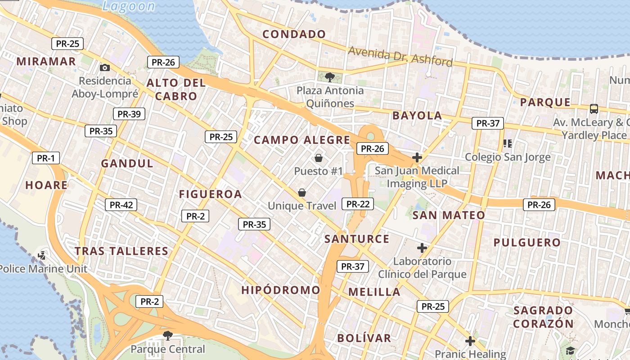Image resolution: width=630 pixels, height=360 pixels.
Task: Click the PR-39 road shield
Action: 129,114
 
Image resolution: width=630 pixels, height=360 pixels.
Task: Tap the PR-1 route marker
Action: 45,158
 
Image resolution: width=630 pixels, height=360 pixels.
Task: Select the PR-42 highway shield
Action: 121,205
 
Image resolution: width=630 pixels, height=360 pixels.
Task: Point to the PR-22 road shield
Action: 358,204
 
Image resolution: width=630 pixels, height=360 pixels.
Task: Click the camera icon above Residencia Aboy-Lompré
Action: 105,68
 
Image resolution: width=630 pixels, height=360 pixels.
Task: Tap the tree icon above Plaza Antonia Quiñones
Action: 330,77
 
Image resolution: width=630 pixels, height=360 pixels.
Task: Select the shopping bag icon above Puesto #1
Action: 319,158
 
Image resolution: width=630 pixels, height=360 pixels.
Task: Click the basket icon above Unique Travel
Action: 302,193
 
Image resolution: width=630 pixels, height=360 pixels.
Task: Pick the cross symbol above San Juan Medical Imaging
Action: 417,157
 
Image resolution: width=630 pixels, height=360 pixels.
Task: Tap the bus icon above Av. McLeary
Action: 594,108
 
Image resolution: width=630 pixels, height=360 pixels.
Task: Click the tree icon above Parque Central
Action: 168,335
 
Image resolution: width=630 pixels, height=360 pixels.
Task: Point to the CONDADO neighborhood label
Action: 294,34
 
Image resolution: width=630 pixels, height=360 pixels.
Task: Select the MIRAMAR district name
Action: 46,62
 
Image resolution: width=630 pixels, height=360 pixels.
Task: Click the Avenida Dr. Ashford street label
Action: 400,56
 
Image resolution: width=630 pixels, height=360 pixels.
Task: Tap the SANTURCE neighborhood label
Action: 357,239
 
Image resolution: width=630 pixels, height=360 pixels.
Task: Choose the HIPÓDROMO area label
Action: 281,290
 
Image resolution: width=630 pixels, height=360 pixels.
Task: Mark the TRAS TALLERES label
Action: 121,251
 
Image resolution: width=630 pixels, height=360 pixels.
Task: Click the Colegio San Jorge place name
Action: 508,157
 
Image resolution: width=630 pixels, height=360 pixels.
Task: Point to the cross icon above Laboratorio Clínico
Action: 422,248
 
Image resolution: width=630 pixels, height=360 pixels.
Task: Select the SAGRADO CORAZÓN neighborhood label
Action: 543,317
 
